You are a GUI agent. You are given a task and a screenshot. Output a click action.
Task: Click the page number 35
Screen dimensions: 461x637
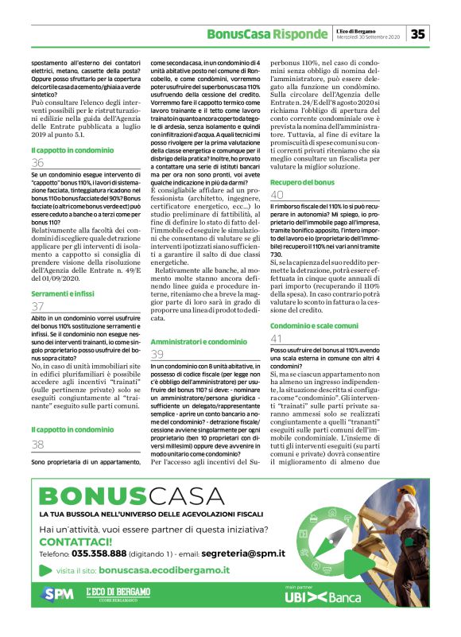(418, 33)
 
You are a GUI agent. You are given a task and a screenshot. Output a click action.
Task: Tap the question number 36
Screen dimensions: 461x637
(37, 162)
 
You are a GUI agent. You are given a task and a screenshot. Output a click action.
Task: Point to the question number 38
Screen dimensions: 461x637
(37, 445)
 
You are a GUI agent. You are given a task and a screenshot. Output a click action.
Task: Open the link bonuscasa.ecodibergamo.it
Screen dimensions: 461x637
(165, 570)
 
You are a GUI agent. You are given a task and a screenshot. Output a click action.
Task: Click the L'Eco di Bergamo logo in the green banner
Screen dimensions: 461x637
(118, 593)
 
